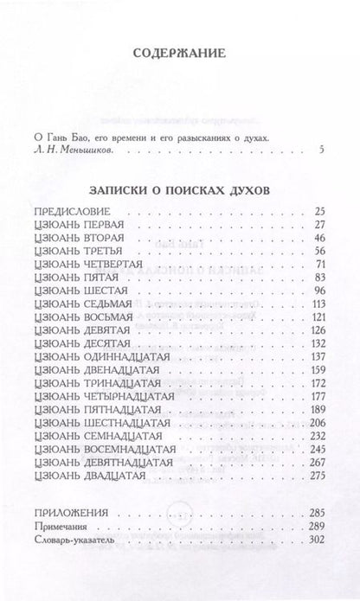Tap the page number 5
tap(321, 151)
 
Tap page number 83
tap(318, 303)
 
